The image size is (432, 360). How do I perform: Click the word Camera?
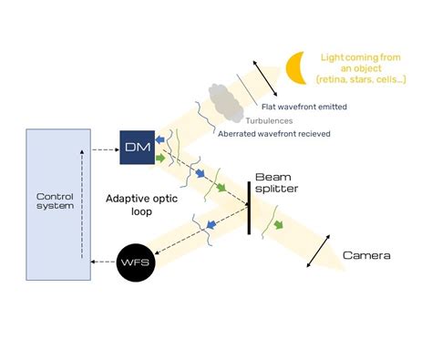[366, 255]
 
